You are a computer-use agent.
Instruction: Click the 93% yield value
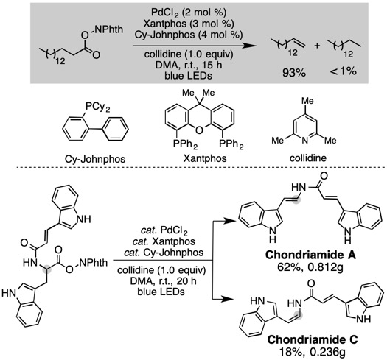coord(294,73)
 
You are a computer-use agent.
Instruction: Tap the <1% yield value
coord(343,71)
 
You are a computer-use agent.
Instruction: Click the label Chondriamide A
coord(310,255)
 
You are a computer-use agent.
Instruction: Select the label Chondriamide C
coord(313,340)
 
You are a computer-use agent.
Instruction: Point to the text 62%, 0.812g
coord(310,267)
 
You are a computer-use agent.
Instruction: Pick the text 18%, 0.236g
coord(313,352)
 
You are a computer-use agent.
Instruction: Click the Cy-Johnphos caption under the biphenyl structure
coord(95,159)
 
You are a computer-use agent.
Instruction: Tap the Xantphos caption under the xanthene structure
coord(205,158)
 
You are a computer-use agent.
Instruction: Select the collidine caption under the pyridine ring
coord(308,158)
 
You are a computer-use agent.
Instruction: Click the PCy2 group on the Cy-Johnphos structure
coord(97,107)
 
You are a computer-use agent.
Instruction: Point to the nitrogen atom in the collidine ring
coord(305,141)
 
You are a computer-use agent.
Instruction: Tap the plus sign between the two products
coord(317,46)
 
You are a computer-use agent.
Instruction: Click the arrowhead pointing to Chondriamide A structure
coord(229,221)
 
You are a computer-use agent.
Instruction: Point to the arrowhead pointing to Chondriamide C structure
coord(229,299)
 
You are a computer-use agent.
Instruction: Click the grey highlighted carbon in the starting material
coord(47,269)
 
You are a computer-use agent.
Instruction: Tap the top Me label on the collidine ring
coord(307,101)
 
